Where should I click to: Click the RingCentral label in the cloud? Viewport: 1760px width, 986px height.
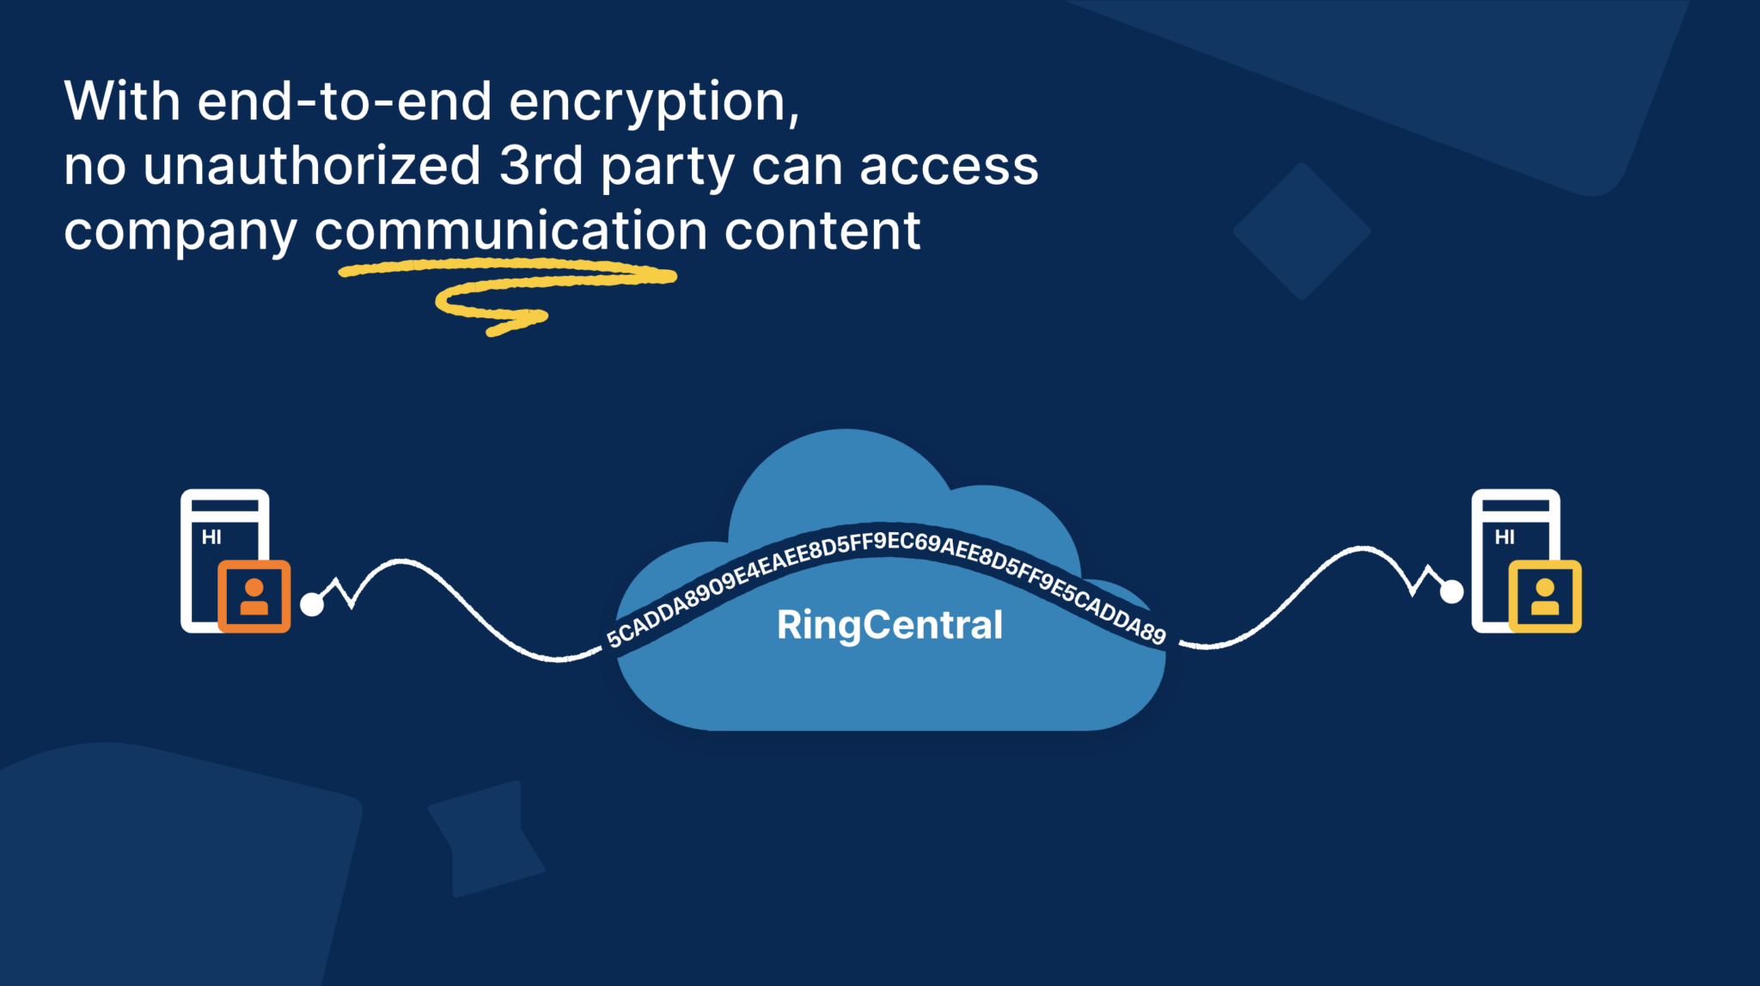coord(889,625)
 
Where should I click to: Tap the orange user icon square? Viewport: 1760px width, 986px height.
coord(254,597)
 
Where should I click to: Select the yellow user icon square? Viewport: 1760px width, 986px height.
coord(1544,597)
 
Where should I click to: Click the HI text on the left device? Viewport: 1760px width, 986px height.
coord(211,537)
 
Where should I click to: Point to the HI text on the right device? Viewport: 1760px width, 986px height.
coord(1504,537)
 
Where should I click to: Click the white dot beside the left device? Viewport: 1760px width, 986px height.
coord(312,604)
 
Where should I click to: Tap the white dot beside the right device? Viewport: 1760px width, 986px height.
coord(1451,591)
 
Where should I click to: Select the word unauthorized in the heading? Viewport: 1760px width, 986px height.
coord(311,165)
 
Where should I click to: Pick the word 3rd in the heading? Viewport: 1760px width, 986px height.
coord(541,165)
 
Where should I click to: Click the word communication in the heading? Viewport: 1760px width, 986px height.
coord(510,230)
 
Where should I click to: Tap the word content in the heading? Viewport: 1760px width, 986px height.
coord(822,230)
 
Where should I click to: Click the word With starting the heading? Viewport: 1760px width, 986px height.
coord(122,101)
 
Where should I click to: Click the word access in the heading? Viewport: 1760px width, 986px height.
coord(949,166)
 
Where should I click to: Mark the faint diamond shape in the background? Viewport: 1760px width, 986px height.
coord(1301,231)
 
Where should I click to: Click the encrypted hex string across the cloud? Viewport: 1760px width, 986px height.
coord(885,546)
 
